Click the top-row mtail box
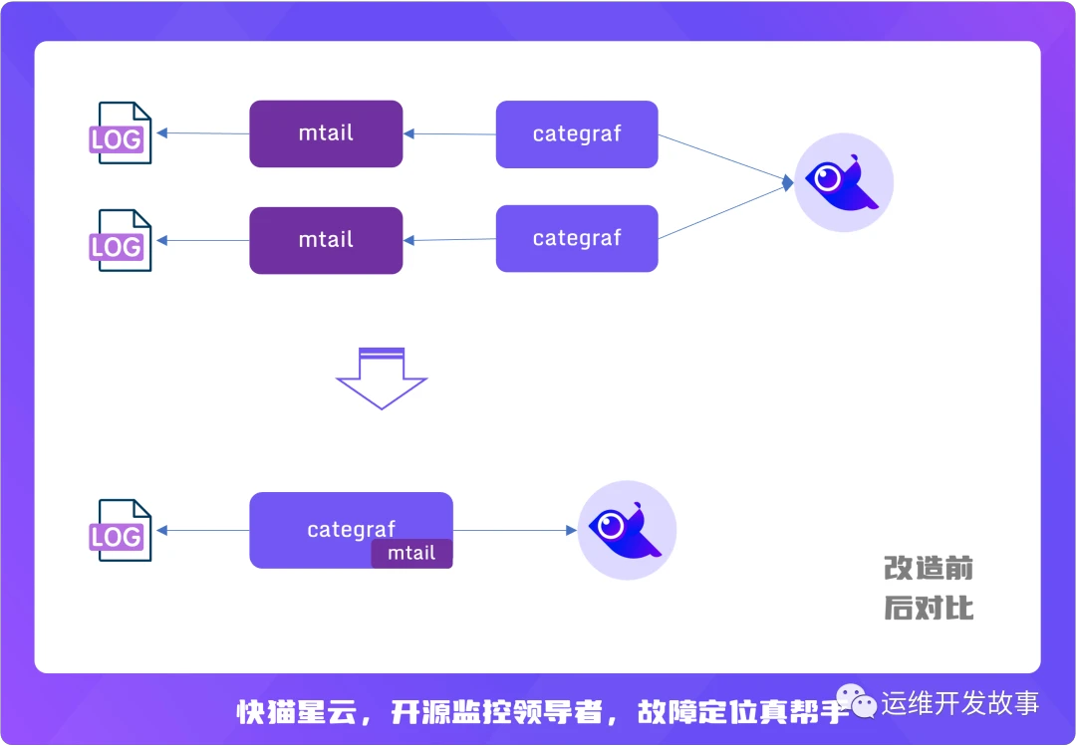click(326, 133)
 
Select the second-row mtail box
click(326, 240)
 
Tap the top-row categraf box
click(577, 134)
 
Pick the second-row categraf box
click(577, 239)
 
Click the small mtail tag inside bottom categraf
click(411, 554)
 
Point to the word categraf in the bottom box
click(351, 529)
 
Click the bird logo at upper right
click(843, 182)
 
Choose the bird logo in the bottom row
click(627, 530)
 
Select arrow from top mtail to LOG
click(203, 133)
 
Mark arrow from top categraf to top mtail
click(449, 134)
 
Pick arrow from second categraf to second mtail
click(449, 240)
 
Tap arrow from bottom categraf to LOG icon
click(203, 531)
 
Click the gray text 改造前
click(928, 569)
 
